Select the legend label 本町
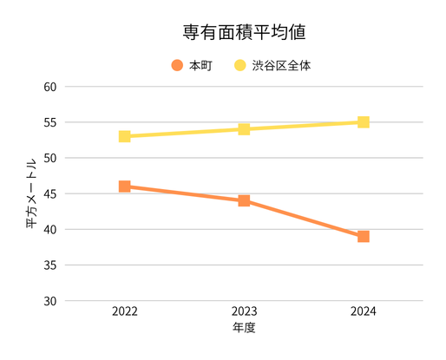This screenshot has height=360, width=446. (x=200, y=65)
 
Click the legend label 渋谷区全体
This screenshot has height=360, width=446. (x=281, y=65)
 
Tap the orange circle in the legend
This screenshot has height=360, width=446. (x=177, y=65)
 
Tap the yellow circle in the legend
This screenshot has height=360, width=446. (x=239, y=65)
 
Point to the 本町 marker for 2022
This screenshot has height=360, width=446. (x=125, y=187)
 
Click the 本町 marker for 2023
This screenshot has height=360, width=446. (x=244, y=200)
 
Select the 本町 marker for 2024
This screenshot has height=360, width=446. (x=364, y=236)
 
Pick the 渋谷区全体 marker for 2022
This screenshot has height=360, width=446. (x=125, y=136)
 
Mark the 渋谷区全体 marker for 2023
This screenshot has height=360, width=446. (x=244, y=129)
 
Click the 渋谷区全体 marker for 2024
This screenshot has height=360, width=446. (x=364, y=122)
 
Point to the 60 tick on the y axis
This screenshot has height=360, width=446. (x=49, y=87)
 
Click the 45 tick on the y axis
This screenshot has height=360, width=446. (x=49, y=194)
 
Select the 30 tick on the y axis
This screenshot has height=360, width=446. (x=49, y=301)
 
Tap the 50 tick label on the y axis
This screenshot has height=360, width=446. (x=49, y=159)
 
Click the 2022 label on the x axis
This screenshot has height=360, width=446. (x=125, y=311)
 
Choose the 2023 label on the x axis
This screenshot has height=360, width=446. (x=244, y=311)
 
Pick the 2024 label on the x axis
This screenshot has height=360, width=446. (x=364, y=311)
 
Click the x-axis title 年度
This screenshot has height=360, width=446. (x=244, y=329)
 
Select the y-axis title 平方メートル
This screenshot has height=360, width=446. (x=30, y=193)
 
